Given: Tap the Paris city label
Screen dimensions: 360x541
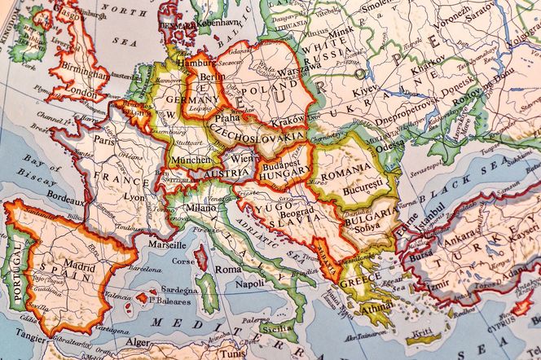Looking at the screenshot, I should tap(104, 140).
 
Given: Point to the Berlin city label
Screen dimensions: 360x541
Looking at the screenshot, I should tap(211, 77).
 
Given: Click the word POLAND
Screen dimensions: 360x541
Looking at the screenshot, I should tap(267, 86).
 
